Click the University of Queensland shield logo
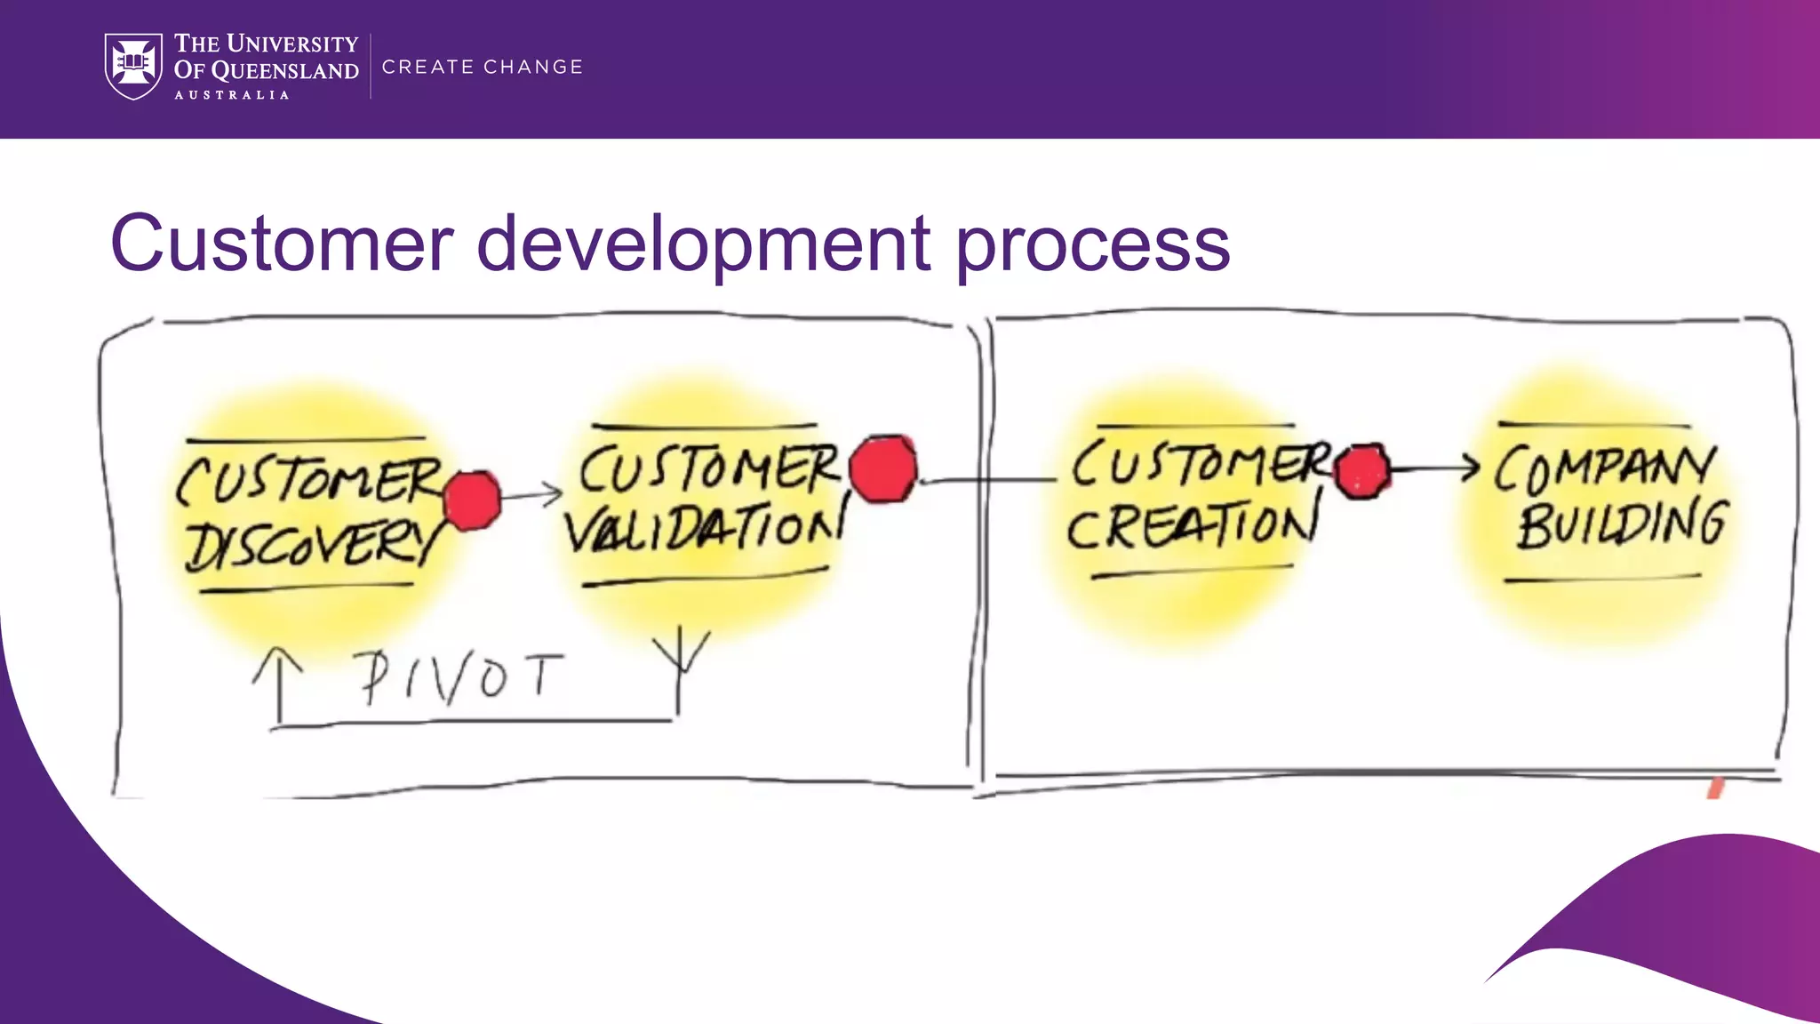[x=133, y=66]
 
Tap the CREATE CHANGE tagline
[x=482, y=67]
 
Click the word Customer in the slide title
[x=282, y=244]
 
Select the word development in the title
[x=704, y=245]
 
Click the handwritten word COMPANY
[x=1604, y=468]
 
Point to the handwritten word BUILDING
[x=1621, y=524]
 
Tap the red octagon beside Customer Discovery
[x=472, y=501]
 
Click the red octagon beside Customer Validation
[x=882, y=468]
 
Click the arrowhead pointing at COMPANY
[x=1471, y=468]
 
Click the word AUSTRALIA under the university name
[x=231, y=95]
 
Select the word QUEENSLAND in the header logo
[x=284, y=71]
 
